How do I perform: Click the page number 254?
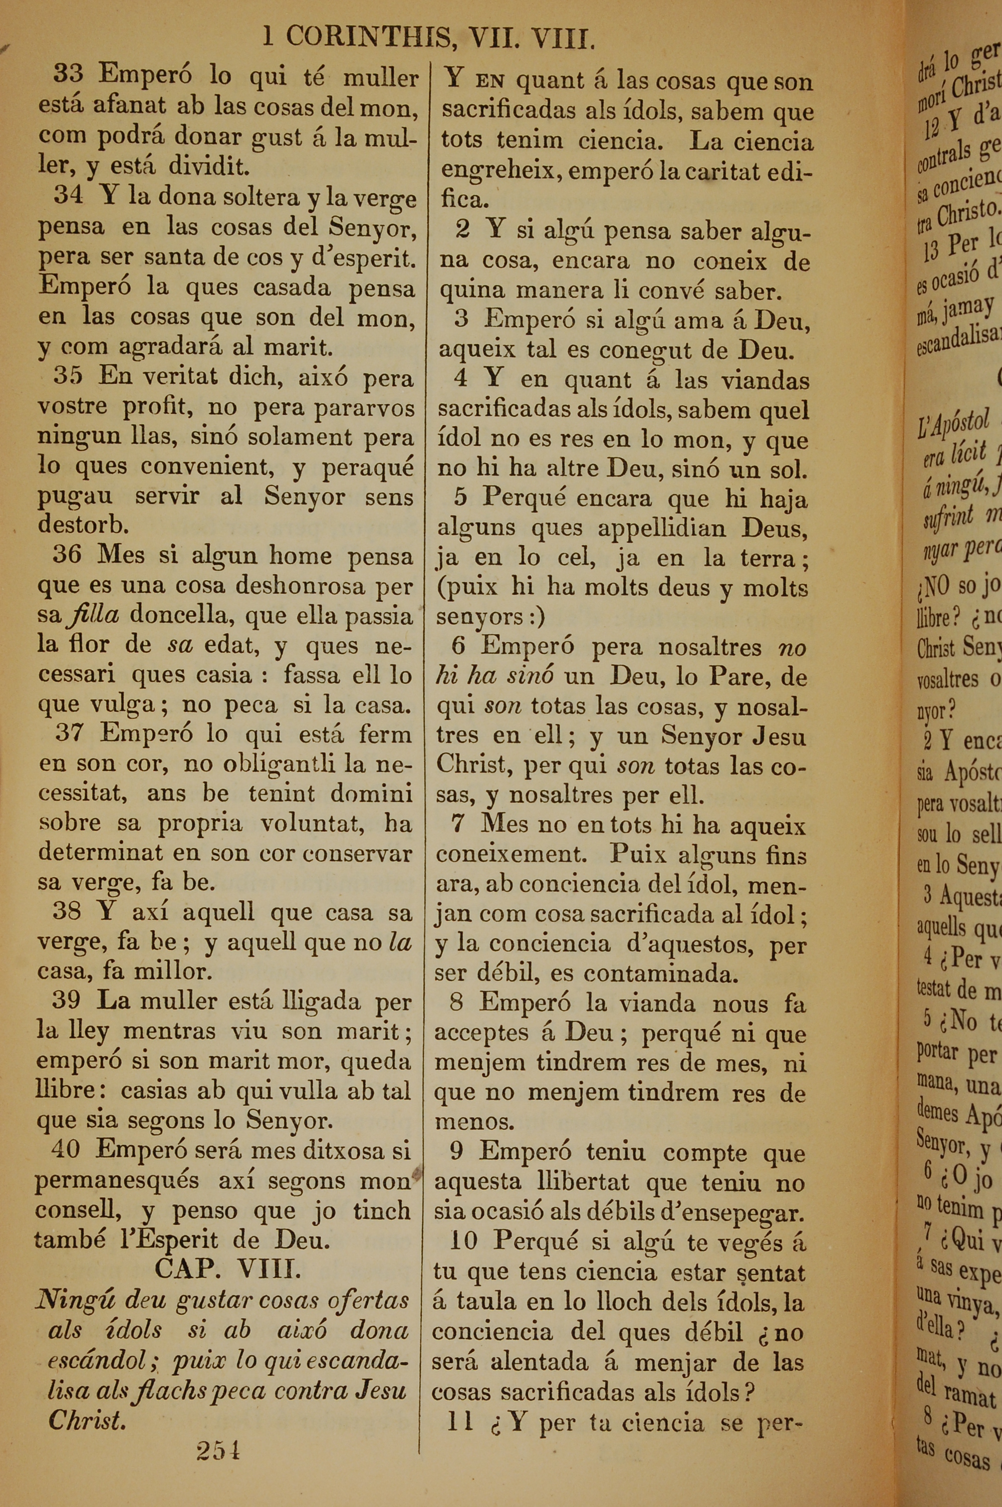coord(218,1451)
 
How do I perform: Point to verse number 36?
coord(67,553)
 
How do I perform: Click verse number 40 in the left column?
coord(66,1149)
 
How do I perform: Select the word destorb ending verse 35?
coord(83,524)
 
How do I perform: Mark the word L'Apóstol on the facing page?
coord(953,423)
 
